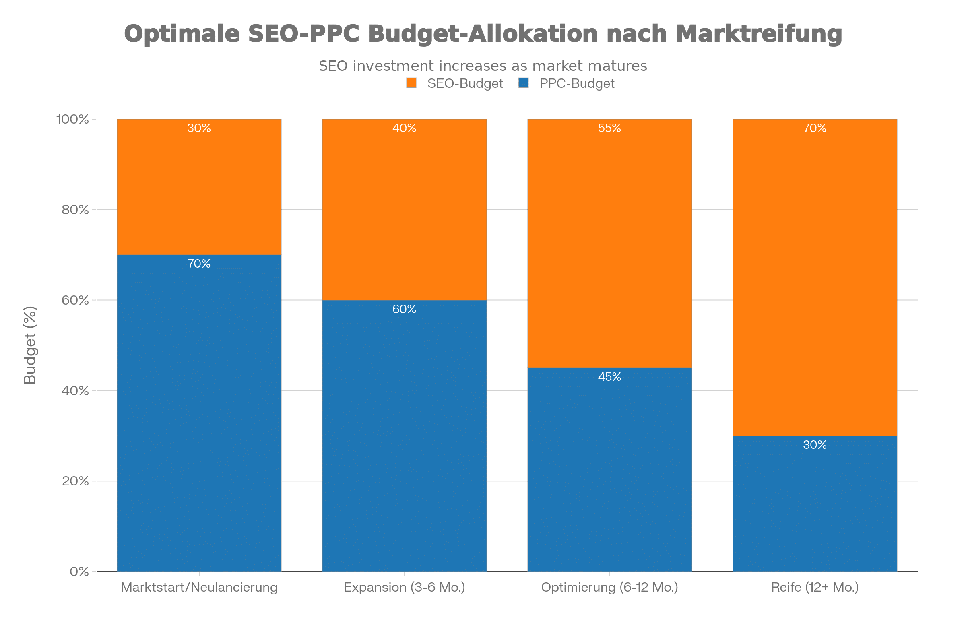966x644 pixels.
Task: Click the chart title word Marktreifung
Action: pyautogui.click(x=759, y=34)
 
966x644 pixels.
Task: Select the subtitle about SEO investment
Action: pyautogui.click(x=483, y=66)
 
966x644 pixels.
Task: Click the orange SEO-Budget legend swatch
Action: pyautogui.click(x=411, y=83)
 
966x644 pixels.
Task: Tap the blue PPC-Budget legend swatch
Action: pyautogui.click(x=523, y=83)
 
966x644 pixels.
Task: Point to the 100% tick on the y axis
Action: pyautogui.click(x=72, y=120)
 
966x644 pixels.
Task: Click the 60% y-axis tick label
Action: pyautogui.click(x=75, y=300)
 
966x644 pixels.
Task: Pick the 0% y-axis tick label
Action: pyautogui.click(x=79, y=571)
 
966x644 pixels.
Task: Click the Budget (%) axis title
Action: pyautogui.click(x=30, y=345)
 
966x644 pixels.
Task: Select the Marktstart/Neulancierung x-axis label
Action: pyautogui.click(x=199, y=587)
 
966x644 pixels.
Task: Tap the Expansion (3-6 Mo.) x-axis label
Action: pyautogui.click(x=404, y=587)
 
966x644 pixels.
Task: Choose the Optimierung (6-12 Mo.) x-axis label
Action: pyautogui.click(x=609, y=587)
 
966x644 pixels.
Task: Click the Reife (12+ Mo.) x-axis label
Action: pyautogui.click(x=815, y=587)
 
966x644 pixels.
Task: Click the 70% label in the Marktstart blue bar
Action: pyautogui.click(x=199, y=264)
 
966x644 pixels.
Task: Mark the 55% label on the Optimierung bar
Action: pyautogui.click(x=609, y=128)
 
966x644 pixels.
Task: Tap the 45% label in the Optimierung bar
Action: pyautogui.click(x=609, y=377)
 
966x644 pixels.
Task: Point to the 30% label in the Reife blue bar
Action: pyautogui.click(x=815, y=445)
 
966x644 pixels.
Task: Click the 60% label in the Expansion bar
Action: pyautogui.click(x=404, y=309)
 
